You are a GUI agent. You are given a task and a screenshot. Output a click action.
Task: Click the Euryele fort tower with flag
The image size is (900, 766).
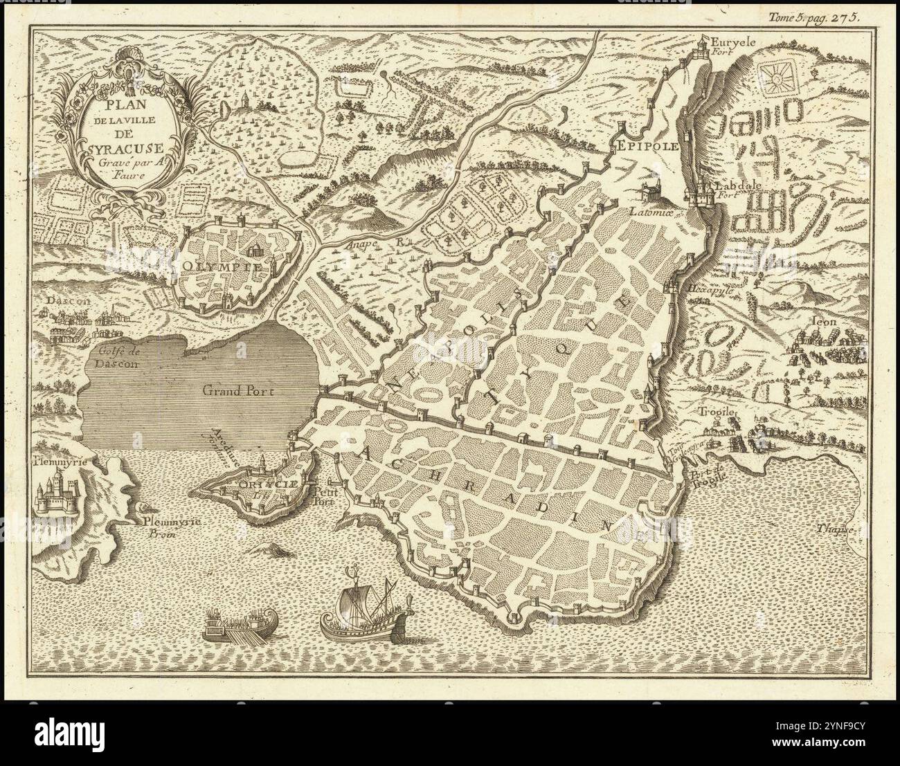(x=703, y=45)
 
